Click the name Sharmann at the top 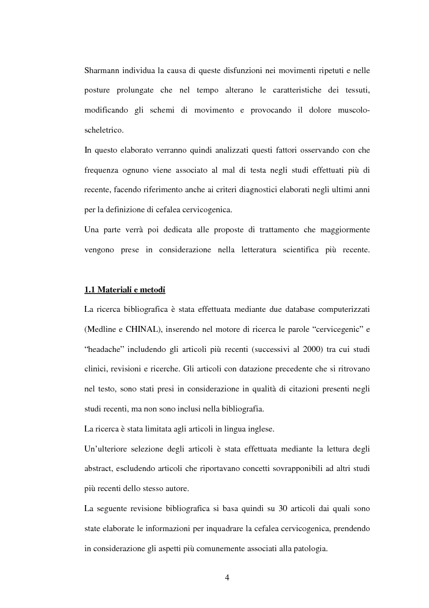click(x=102, y=71)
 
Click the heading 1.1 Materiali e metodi click(x=124, y=290)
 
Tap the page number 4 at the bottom click(x=227, y=577)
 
